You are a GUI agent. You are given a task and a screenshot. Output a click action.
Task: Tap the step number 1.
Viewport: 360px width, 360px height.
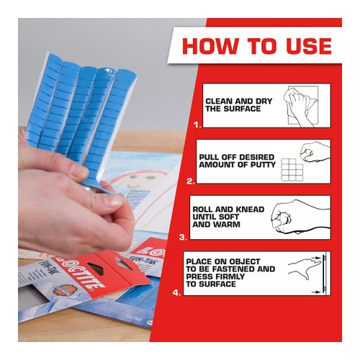pyautogui.click(x=197, y=124)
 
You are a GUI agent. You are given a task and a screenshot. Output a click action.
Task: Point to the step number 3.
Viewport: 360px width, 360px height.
pyautogui.click(x=182, y=236)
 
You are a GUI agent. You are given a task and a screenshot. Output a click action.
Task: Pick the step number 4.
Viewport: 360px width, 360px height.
pyautogui.click(x=176, y=292)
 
